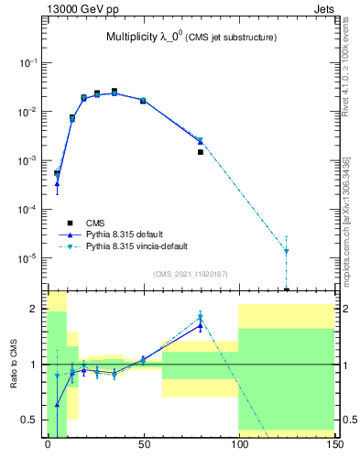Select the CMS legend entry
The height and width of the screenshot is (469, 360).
tap(95, 223)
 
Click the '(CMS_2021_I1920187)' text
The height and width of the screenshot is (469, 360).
tap(189, 274)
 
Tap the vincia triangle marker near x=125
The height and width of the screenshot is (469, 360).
tap(286, 251)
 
